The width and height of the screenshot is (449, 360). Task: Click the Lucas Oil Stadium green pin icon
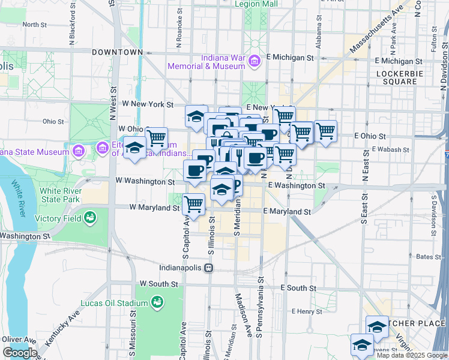[157, 301]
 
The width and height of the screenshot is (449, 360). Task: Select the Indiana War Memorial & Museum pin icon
[254, 61]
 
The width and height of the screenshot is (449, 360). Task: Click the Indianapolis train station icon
[208, 268]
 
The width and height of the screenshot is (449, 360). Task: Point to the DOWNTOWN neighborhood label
[117, 52]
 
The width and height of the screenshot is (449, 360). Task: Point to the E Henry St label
[307, 311]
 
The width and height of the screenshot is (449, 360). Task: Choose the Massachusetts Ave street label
[376, 30]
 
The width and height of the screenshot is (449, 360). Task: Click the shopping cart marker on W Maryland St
[193, 205]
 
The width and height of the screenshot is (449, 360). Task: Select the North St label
[34, 25]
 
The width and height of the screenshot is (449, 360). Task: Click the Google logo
[20, 353]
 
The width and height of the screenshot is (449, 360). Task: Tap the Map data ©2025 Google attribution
[412, 355]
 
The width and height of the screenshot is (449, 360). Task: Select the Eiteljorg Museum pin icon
[102, 147]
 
